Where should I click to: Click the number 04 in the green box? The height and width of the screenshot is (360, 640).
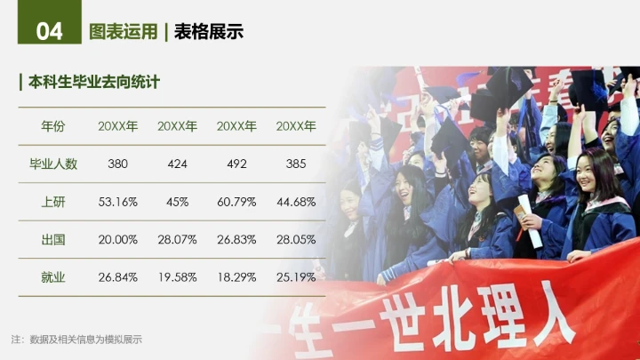pos(50,32)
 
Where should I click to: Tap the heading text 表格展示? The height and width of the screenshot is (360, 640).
pos(209,33)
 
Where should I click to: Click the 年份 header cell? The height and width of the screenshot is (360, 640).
pos(53,126)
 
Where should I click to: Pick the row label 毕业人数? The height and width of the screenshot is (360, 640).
pos(53,164)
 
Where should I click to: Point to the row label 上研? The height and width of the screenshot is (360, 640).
pos(53,202)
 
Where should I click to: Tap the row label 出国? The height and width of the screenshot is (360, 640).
pos(53,239)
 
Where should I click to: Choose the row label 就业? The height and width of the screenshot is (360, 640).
pos(53,277)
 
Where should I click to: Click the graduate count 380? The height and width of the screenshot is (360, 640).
pos(117,164)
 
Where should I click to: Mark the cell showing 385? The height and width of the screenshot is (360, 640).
pos(296,164)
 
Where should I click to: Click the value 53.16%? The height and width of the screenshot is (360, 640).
pos(117,202)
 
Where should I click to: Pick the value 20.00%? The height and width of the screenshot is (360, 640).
pos(117,239)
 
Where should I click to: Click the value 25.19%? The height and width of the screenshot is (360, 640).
pos(296,277)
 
